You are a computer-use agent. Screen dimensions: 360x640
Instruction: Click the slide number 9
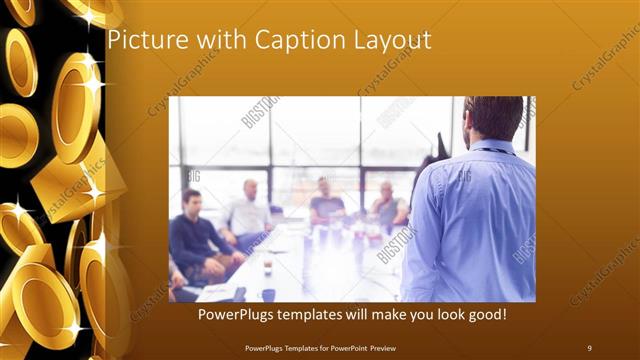click(589, 347)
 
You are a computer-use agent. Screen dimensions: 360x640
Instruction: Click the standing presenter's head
click(493, 118)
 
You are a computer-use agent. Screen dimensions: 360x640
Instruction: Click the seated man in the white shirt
click(248, 213)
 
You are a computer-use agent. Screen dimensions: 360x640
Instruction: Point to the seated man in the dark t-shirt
click(326, 205)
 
